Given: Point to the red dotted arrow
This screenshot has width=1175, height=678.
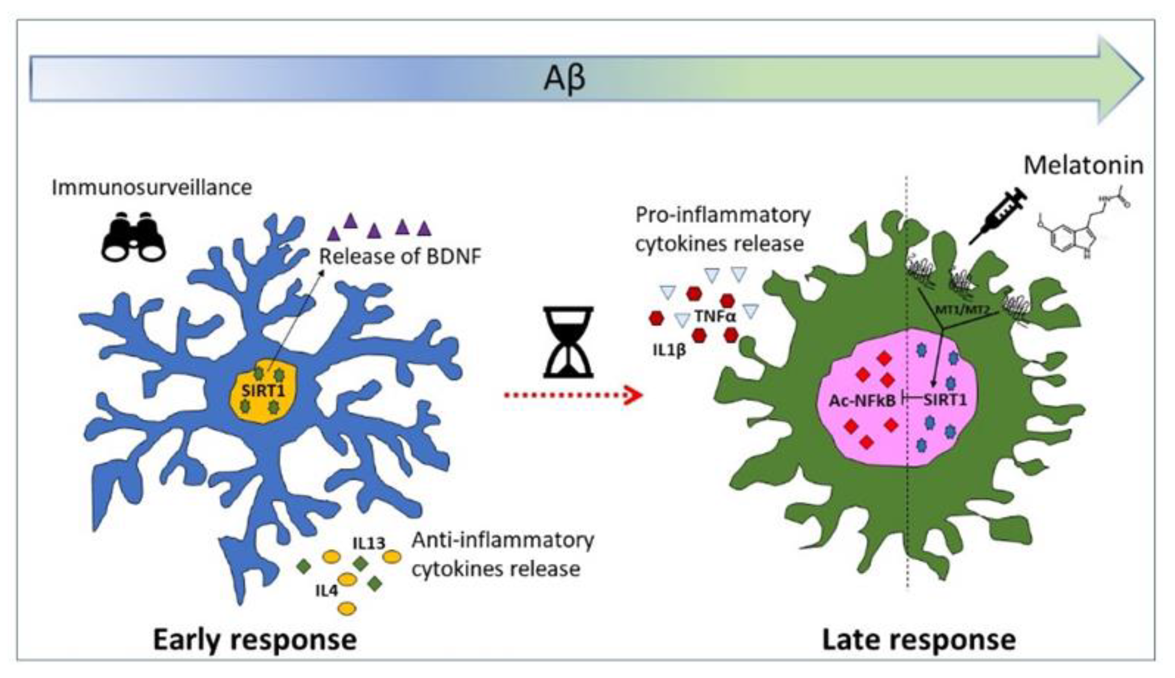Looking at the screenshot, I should coord(573,395).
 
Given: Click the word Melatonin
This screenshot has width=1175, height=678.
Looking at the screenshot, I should coord(1083,165).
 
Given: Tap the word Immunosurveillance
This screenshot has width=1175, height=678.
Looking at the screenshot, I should coord(152,187).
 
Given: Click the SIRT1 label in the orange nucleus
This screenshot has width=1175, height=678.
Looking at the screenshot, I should coord(263,390).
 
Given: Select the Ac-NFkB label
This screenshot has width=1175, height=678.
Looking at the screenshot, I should coord(862,400).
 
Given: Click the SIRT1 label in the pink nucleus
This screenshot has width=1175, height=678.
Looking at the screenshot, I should coord(945,399).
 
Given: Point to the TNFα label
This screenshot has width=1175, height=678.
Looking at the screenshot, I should coord(715,316).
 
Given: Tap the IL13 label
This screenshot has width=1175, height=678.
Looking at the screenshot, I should coord(369,543).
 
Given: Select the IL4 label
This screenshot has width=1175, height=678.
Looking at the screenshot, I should coord(326,591).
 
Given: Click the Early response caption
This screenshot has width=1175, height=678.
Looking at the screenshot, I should coord(255,640).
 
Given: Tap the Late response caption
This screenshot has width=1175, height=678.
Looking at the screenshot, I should coord(919,640).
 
